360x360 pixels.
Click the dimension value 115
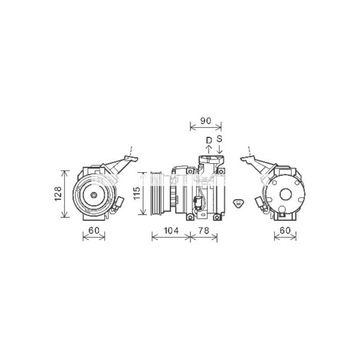(x=137, y=194)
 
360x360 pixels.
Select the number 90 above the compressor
(x=205, y=121)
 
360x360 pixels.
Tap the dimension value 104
(x=171, y=231)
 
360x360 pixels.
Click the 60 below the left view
(x=94, y=231)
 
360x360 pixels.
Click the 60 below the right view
(x=285, y=231)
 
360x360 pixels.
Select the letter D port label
(x=208, y=140)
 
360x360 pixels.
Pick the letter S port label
(x=220, y=139)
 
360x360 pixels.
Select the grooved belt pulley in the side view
(x=156, y=193)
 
